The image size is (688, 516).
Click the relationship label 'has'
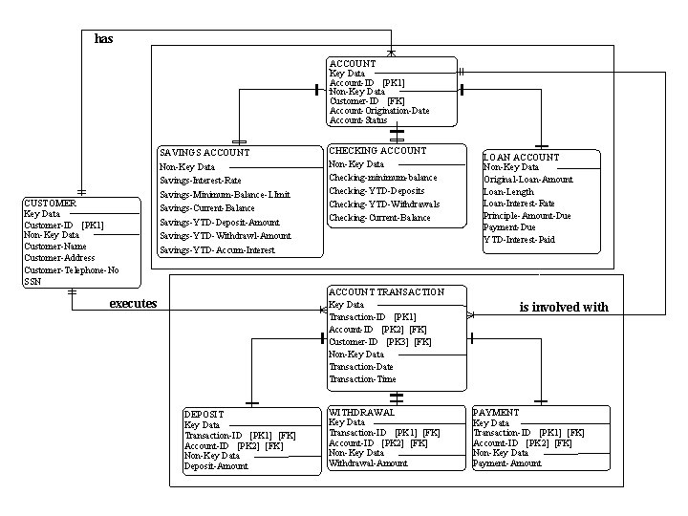tap(103, 39)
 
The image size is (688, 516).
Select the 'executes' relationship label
tap(133, 304)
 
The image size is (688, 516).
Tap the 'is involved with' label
tap(564, 308)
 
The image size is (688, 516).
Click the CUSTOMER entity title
tap(50, 204)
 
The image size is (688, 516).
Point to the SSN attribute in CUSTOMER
tap(32, 282)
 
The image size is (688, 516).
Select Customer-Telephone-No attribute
tap(72, 270)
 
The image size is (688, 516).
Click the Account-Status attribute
tap(358, 120)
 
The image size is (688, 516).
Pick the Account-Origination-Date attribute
tap(379, 110)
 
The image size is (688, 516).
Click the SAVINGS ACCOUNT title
tap(204, 153)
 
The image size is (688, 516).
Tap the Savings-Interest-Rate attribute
tap(200, 181)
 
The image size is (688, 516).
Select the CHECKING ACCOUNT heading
tap(377, 151)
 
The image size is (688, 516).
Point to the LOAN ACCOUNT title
tap(522, 157)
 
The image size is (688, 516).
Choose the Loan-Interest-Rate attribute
tap(519, 204)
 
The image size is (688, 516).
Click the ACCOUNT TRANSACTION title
tap(386, 292)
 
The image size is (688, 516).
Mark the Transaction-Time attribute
tap(363, 379)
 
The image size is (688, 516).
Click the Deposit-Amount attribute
tap(216, 466)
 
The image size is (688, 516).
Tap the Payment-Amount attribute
tap(507, 463)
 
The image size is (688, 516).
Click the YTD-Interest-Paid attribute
tap(519, 240)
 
